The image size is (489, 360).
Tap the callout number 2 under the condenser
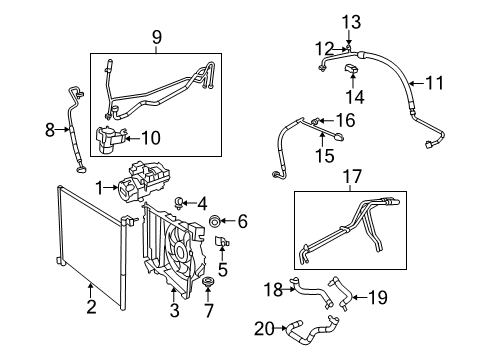coord(91,307)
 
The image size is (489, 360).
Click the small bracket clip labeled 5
coord(221,243)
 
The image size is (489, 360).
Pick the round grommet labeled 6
coord(215,221)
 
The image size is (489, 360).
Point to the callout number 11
coord(463,82)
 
